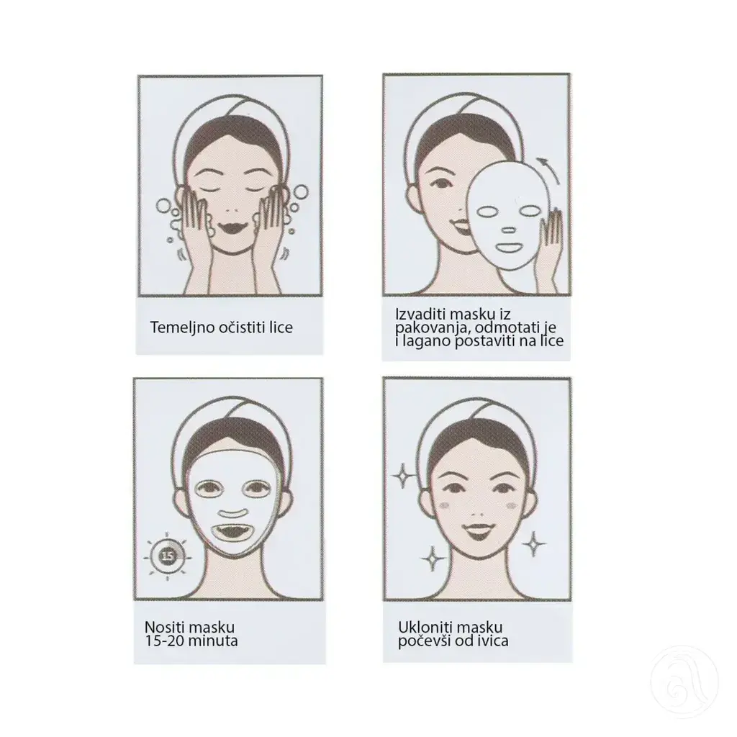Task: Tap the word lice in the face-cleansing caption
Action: point(279,327)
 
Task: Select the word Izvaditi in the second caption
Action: point(420,313)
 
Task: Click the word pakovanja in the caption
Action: point(428,327)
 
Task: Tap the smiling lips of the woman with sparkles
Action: point(477,532)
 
